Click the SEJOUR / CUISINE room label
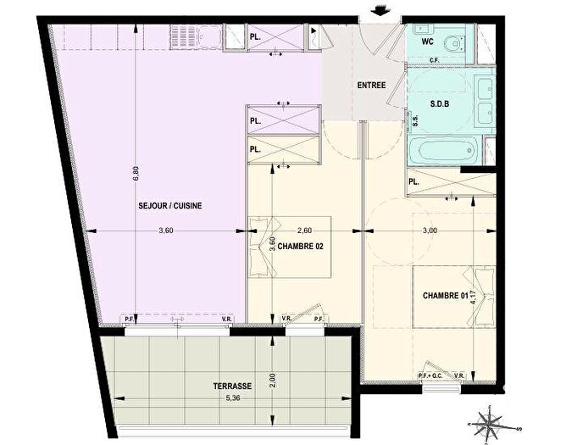[170, 206]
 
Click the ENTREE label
[371, 85]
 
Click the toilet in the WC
[458, 40]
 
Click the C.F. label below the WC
[434, 59]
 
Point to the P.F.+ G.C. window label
[432, 376]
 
